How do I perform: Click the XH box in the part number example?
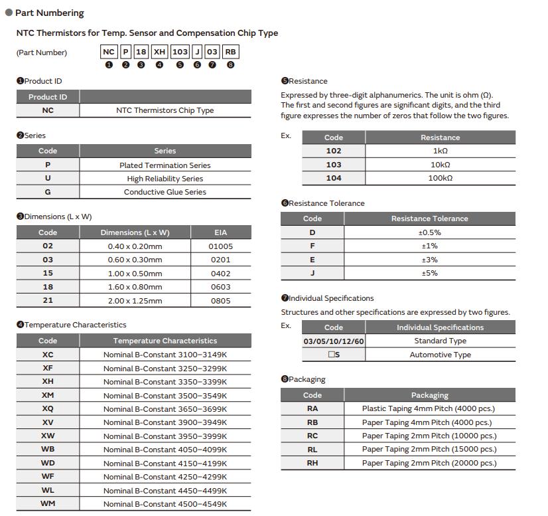(x=160, y=52)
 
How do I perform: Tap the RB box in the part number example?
(x=230, y=52)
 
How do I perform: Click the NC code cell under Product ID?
(x=48, y=110)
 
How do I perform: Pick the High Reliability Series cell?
(x=165, y=179)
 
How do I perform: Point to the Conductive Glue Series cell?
(x=165, y=192)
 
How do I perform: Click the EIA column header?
(x=220, y=232)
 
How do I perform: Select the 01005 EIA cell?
(x=220, y=246)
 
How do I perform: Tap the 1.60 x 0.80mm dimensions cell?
(x=135, y=287)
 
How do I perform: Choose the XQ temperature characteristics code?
(x=48, y=409)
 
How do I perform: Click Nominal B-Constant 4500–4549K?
(x=165, y=504)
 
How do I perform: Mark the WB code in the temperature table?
(x=48, y=450)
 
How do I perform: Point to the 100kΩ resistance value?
(x=440, y=178)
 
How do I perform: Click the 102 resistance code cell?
(x=334, y=151)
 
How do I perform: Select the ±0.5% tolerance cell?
(x=429, y=232)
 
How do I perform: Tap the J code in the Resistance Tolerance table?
(x=312, y=273)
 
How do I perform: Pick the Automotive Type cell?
(x=440, y=355)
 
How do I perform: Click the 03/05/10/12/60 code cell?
(x=334, y=341)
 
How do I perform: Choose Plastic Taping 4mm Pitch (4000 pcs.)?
(x=429, y=409)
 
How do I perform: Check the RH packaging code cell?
(x=312, y=463)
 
